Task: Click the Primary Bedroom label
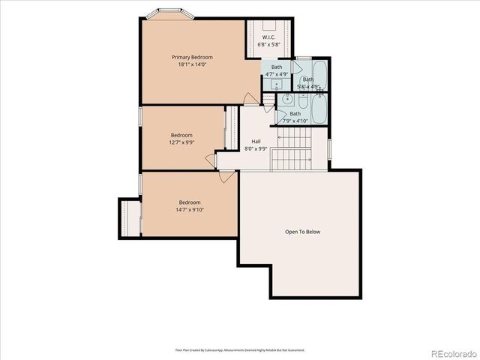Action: pos(192,57)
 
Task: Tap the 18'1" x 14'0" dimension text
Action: pos(192,65)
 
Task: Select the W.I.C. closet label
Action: pos(268,37)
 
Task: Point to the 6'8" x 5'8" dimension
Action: pos(268,44)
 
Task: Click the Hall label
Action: pos(256,141)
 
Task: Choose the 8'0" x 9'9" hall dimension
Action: pos(256,148)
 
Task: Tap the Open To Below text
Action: pos(302,232)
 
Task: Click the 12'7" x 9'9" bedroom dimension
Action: pos(181,142)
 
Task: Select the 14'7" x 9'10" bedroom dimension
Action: pos(190,210)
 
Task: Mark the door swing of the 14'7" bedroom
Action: pos(226,177)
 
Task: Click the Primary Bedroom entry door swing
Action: pos(250,98)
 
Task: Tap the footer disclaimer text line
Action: pos(240,349)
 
